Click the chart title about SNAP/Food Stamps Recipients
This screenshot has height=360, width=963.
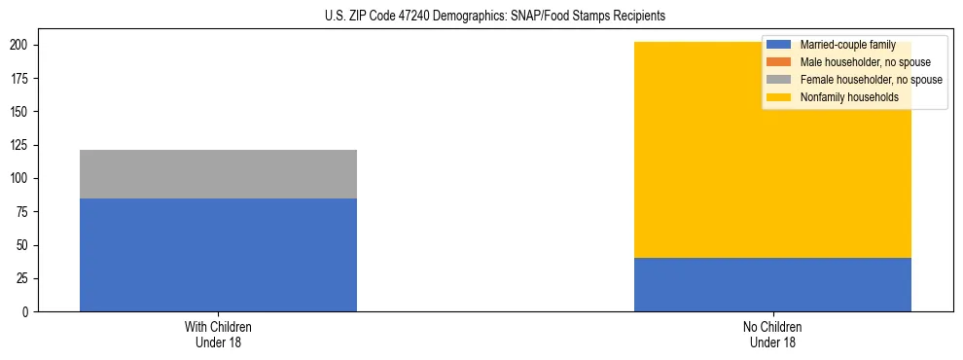496,17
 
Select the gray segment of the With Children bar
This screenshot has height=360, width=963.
218,174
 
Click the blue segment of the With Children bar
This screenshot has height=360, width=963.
218,255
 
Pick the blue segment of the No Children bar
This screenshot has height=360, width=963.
772,284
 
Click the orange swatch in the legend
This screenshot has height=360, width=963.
779,62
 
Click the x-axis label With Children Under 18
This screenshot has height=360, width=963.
218,334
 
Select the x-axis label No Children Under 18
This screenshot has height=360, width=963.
772,334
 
